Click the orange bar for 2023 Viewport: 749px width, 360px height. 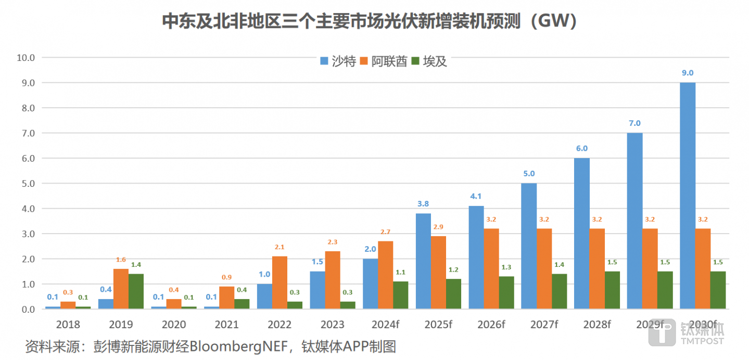(x=333, y=280)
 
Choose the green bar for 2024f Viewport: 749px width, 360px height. (x=400, y=295)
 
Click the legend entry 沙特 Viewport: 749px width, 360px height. (x=338, y=61)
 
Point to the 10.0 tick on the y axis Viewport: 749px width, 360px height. (x=26, y=57)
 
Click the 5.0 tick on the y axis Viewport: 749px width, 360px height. (x=27, y=183)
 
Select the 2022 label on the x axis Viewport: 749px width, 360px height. (x=280, y=325)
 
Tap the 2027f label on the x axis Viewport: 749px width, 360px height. (x=544, y=325)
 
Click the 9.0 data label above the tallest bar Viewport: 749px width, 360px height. (x=688, y=73)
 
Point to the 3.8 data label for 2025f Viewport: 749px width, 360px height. (x=423, y=203)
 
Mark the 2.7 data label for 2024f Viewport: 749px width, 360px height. (x=386, y=232)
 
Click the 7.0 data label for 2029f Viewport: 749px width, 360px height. (x=634, y=123)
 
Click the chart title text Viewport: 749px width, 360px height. (x=369, y=22)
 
